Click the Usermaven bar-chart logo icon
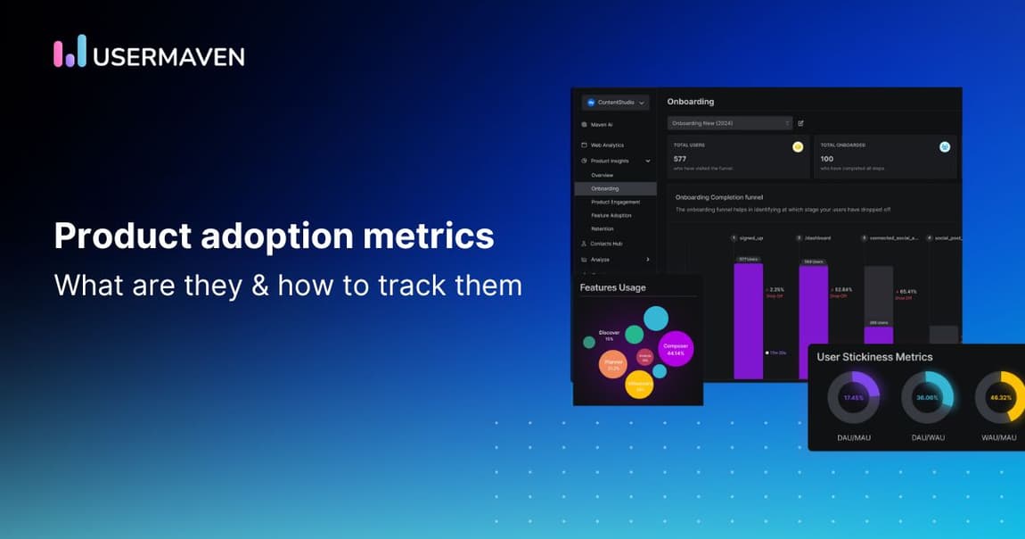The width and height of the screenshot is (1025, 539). [70, 52]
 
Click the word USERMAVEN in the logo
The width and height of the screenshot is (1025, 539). [168, 56]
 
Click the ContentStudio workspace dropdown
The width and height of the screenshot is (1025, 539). [615, 103]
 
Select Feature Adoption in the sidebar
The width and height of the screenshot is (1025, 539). [611, 215]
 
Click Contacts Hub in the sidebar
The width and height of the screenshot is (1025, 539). [606, 243]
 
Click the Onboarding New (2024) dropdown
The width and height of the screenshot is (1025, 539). [729, 123]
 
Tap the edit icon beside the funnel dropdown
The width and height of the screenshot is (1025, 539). [800, 123]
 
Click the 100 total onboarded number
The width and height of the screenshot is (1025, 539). [828, 158]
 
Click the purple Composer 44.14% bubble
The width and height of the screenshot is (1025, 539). [675, 350]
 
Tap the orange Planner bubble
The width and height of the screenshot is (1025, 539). [612, 364]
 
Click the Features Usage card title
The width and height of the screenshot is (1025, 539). [612, 287]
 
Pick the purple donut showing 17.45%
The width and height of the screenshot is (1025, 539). [853, 397]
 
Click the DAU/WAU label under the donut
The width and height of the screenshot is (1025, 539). [927, 437]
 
